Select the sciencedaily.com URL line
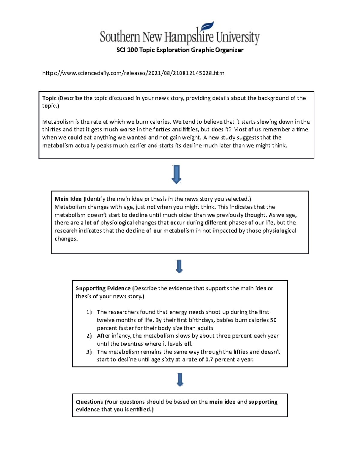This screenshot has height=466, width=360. [x=133, y=73]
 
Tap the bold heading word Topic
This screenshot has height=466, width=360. [x=49, y=98]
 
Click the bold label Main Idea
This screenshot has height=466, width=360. [x=68, y=199]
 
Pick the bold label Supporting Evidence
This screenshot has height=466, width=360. [x=103, y=288]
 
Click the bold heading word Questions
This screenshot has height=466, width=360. [x=89, y=402]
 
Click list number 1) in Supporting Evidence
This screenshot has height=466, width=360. [x=89, y=312]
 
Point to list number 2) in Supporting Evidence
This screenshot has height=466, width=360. [x=89, y=336]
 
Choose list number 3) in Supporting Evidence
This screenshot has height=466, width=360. [x=89, y=352]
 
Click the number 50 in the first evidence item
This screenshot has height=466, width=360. [x=273, y=320]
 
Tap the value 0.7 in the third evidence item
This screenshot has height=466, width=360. [x=209, y=359]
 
